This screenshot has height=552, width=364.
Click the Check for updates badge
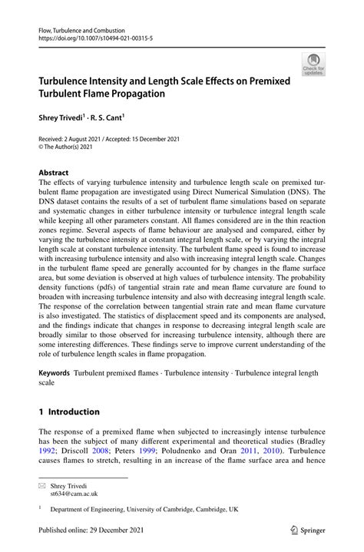point(313,64)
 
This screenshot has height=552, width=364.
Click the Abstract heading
point(55,173)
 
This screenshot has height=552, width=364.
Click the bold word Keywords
point(55,372)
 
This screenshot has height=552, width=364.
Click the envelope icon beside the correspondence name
point(43,486)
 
